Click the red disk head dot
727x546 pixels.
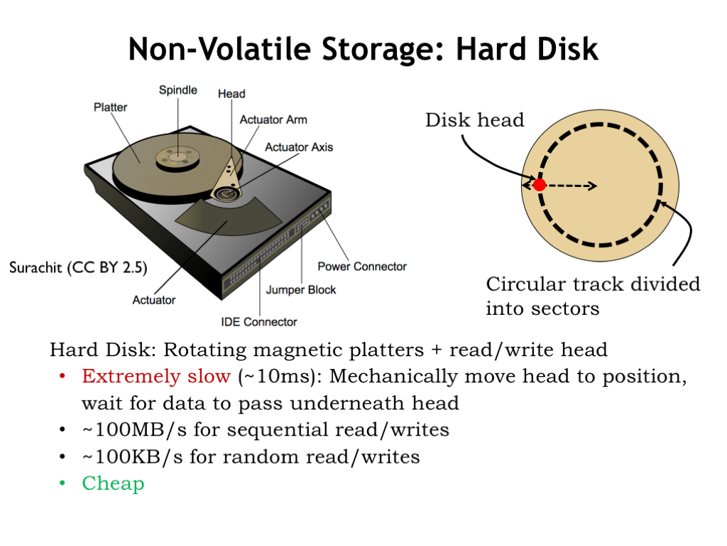[540, 185]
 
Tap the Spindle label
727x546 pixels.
[178, 90]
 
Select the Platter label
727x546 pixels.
[110, 107]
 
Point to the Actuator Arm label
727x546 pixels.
[273, 119]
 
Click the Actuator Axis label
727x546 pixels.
[299, 147]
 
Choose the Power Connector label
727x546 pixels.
[362, 267]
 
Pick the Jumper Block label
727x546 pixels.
[301, 290]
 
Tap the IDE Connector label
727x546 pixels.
[259, 322]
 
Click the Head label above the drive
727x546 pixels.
[232, 94]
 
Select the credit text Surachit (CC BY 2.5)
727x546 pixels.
[78, 268]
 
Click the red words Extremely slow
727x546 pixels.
[156, 376]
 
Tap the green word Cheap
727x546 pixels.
[113, 483]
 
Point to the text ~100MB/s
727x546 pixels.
[134, 430]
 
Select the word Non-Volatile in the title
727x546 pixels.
[219, 49]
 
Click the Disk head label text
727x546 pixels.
[475, 120]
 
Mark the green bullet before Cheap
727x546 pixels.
[62, 483]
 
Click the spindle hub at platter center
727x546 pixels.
[177, 158]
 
